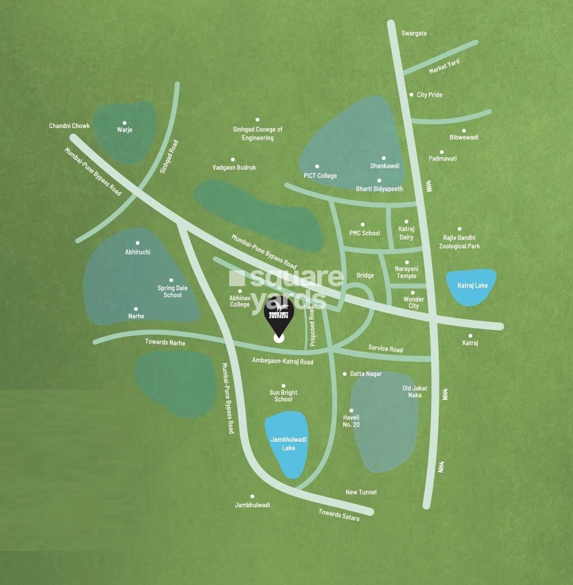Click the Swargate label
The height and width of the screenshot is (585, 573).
click(414, 34)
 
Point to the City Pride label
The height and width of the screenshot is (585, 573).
click(429, 95)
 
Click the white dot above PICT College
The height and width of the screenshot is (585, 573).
click(317, 166)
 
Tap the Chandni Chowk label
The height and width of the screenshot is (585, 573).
click(69, 126)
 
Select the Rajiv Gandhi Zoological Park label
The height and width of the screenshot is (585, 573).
click(459, 242)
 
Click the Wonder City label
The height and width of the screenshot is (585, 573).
click(414, 303)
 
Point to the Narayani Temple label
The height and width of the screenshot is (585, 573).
click(406, 272)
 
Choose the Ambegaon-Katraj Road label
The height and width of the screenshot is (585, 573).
click(282, 362)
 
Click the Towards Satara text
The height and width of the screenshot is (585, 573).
click(339, 515)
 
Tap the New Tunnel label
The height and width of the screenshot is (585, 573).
click(361, 492)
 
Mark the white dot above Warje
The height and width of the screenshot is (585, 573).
click(124, 122)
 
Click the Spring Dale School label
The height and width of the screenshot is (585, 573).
click(173, 291)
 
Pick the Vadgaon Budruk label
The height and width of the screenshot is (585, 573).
click(234, 167)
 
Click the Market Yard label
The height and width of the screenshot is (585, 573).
click(444, 67)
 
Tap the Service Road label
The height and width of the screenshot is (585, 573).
click(385, 348)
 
